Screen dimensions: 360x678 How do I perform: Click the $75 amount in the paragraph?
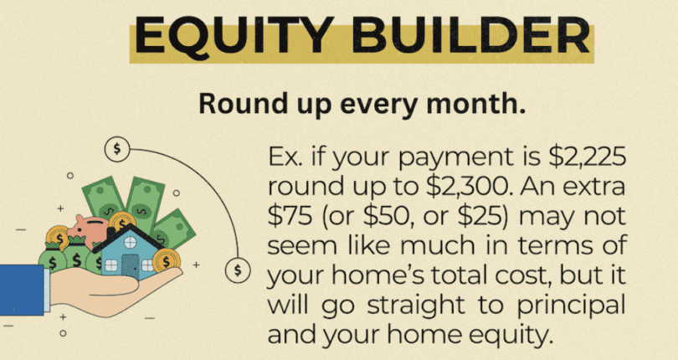pos(290,218)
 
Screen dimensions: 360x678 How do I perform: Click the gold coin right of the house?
pos(167,260)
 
